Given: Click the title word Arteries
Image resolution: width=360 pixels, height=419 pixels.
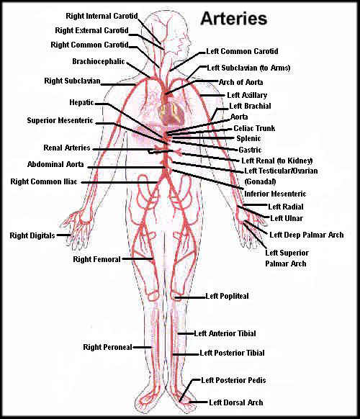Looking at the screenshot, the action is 234,19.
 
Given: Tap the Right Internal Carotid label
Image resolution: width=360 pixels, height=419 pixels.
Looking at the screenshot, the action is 102,16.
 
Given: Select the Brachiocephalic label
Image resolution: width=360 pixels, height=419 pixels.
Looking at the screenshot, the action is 99,61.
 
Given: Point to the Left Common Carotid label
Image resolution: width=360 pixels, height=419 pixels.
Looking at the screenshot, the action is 242,51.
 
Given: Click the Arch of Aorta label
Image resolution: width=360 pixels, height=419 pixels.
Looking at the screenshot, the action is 240,82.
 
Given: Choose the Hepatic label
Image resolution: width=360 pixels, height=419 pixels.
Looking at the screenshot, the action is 82,103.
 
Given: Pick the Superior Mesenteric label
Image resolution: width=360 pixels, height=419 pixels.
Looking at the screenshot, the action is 60,120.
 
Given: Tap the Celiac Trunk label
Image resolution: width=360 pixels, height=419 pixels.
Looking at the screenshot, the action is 254,128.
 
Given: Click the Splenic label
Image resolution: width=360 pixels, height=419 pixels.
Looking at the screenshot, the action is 248,138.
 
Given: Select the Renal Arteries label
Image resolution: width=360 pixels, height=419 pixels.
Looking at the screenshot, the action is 67,148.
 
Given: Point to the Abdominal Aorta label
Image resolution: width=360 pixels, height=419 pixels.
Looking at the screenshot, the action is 55,164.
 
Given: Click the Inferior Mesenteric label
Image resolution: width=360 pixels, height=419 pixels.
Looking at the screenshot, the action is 275,194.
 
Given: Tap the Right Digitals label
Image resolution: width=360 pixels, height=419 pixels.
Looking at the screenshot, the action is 32,235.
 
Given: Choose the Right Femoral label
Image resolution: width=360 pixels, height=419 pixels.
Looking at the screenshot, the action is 96,259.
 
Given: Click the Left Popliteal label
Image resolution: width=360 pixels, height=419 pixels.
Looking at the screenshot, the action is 228,296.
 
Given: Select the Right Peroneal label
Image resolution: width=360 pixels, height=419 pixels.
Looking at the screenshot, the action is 108,347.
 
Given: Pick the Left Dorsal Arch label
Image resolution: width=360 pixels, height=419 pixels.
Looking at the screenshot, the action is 236,402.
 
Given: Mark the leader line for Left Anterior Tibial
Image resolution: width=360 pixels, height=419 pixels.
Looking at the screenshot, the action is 186,333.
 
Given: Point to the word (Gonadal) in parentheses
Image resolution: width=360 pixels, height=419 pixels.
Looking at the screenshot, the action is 260,181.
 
